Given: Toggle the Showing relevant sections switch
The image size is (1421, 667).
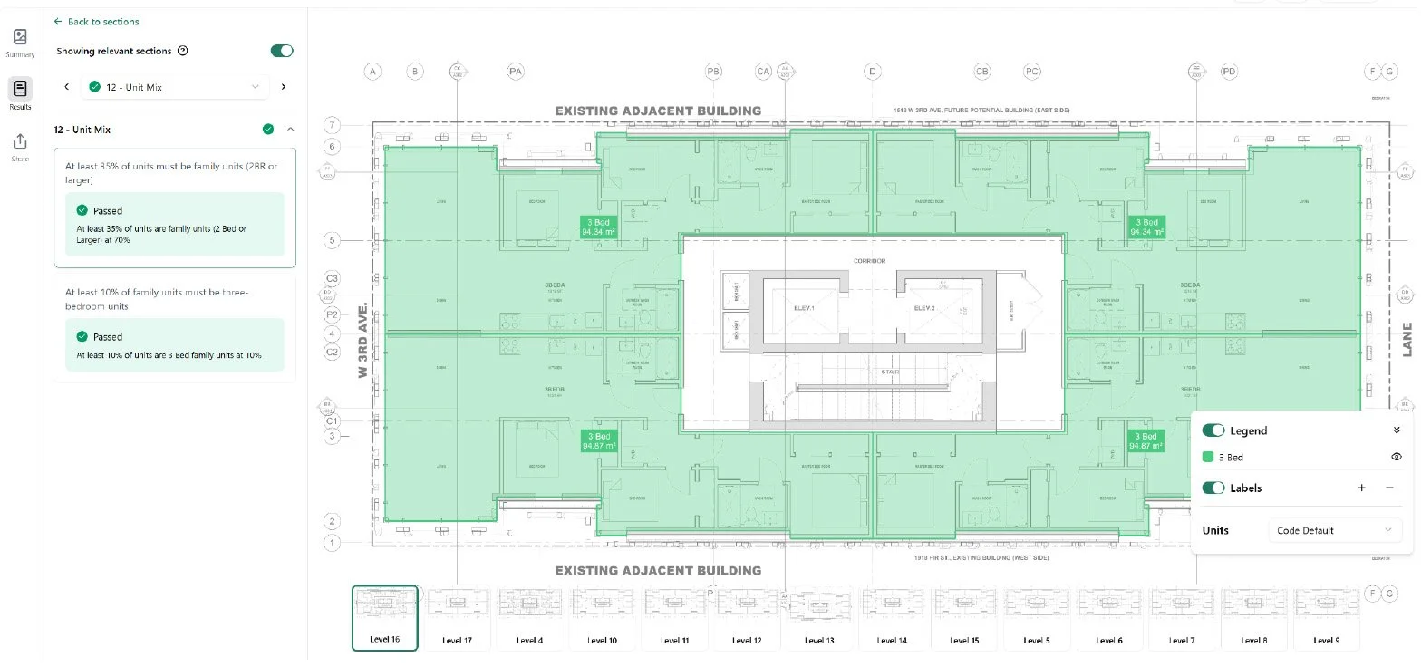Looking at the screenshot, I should pyautogui.click(x=282, y=51).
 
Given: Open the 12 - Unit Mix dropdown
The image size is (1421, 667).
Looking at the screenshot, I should pyautogui.click(x=175, y=87).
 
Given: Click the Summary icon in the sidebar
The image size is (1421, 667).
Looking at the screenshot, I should pyautogui.click(x=20, y=42).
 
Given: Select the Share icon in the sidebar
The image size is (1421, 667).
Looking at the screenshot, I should pyautogui.click(x=20, y=146).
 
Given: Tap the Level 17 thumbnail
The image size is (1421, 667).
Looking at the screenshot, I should pyautogui.click(x=457, y=617).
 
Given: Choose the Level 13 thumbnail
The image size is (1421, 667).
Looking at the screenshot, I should pyautogui.click(x=817, y=617).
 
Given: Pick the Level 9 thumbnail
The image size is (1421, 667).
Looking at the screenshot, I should pyautogui.click(x=1324, y=617).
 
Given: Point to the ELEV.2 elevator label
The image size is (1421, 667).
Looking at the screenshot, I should pyautogui.click(x=923, y=308).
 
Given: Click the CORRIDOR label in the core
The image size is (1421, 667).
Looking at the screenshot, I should pyautogui.click(x=869, y=261).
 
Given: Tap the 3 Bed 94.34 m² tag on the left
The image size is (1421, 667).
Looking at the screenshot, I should pyautogui.click(x=599, y=227).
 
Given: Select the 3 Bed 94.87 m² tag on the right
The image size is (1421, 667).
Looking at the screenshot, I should pyautogui.click(x=1145, y=441).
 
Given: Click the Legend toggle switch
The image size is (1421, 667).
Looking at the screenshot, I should pyautogui.click(x=1213, y=430).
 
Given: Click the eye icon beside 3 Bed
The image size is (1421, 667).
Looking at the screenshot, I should pyautogui.click(x=1397, y=458).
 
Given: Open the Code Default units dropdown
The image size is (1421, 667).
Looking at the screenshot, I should pyautogui.click(x=1332, y=530).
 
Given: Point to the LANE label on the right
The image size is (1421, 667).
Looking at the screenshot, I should pyautogui.click(x=1407, y=339).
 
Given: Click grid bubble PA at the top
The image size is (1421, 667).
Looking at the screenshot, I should pyautogui.click(x=516, y=71).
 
